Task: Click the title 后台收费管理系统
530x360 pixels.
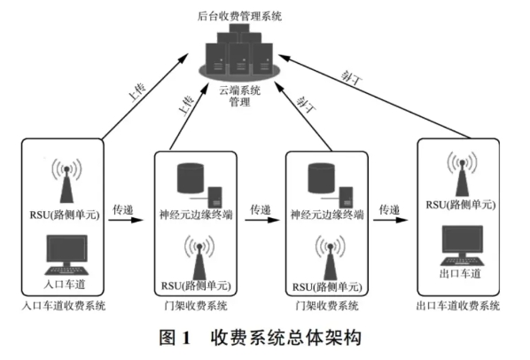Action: coord(239,16)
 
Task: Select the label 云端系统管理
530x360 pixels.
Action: coord(239,96)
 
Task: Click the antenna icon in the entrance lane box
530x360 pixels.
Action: coord(66,181)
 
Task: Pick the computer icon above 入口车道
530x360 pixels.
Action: coord(66,254)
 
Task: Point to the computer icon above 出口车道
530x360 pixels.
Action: coord(462,246)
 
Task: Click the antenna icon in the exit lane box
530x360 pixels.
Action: coord(462,174)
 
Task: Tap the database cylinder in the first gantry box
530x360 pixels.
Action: coord(191,178)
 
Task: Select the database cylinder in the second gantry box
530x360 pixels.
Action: coord(322,178)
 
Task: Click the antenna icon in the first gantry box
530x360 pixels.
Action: coord(199,257)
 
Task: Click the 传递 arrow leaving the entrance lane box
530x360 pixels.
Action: coord(126,220)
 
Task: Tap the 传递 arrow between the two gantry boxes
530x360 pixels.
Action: coord(262,220)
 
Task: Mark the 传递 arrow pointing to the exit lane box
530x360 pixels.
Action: coord(390,220)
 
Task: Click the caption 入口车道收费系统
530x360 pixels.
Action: coord(64,306)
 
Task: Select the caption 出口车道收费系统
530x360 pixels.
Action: coord(458,306)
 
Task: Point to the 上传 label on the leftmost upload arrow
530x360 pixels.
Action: coord(137,91)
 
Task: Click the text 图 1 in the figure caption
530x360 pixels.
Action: coord(175,337)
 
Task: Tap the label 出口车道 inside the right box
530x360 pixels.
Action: coord(460,273)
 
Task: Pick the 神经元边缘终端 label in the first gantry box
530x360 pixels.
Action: coord(196,215)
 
